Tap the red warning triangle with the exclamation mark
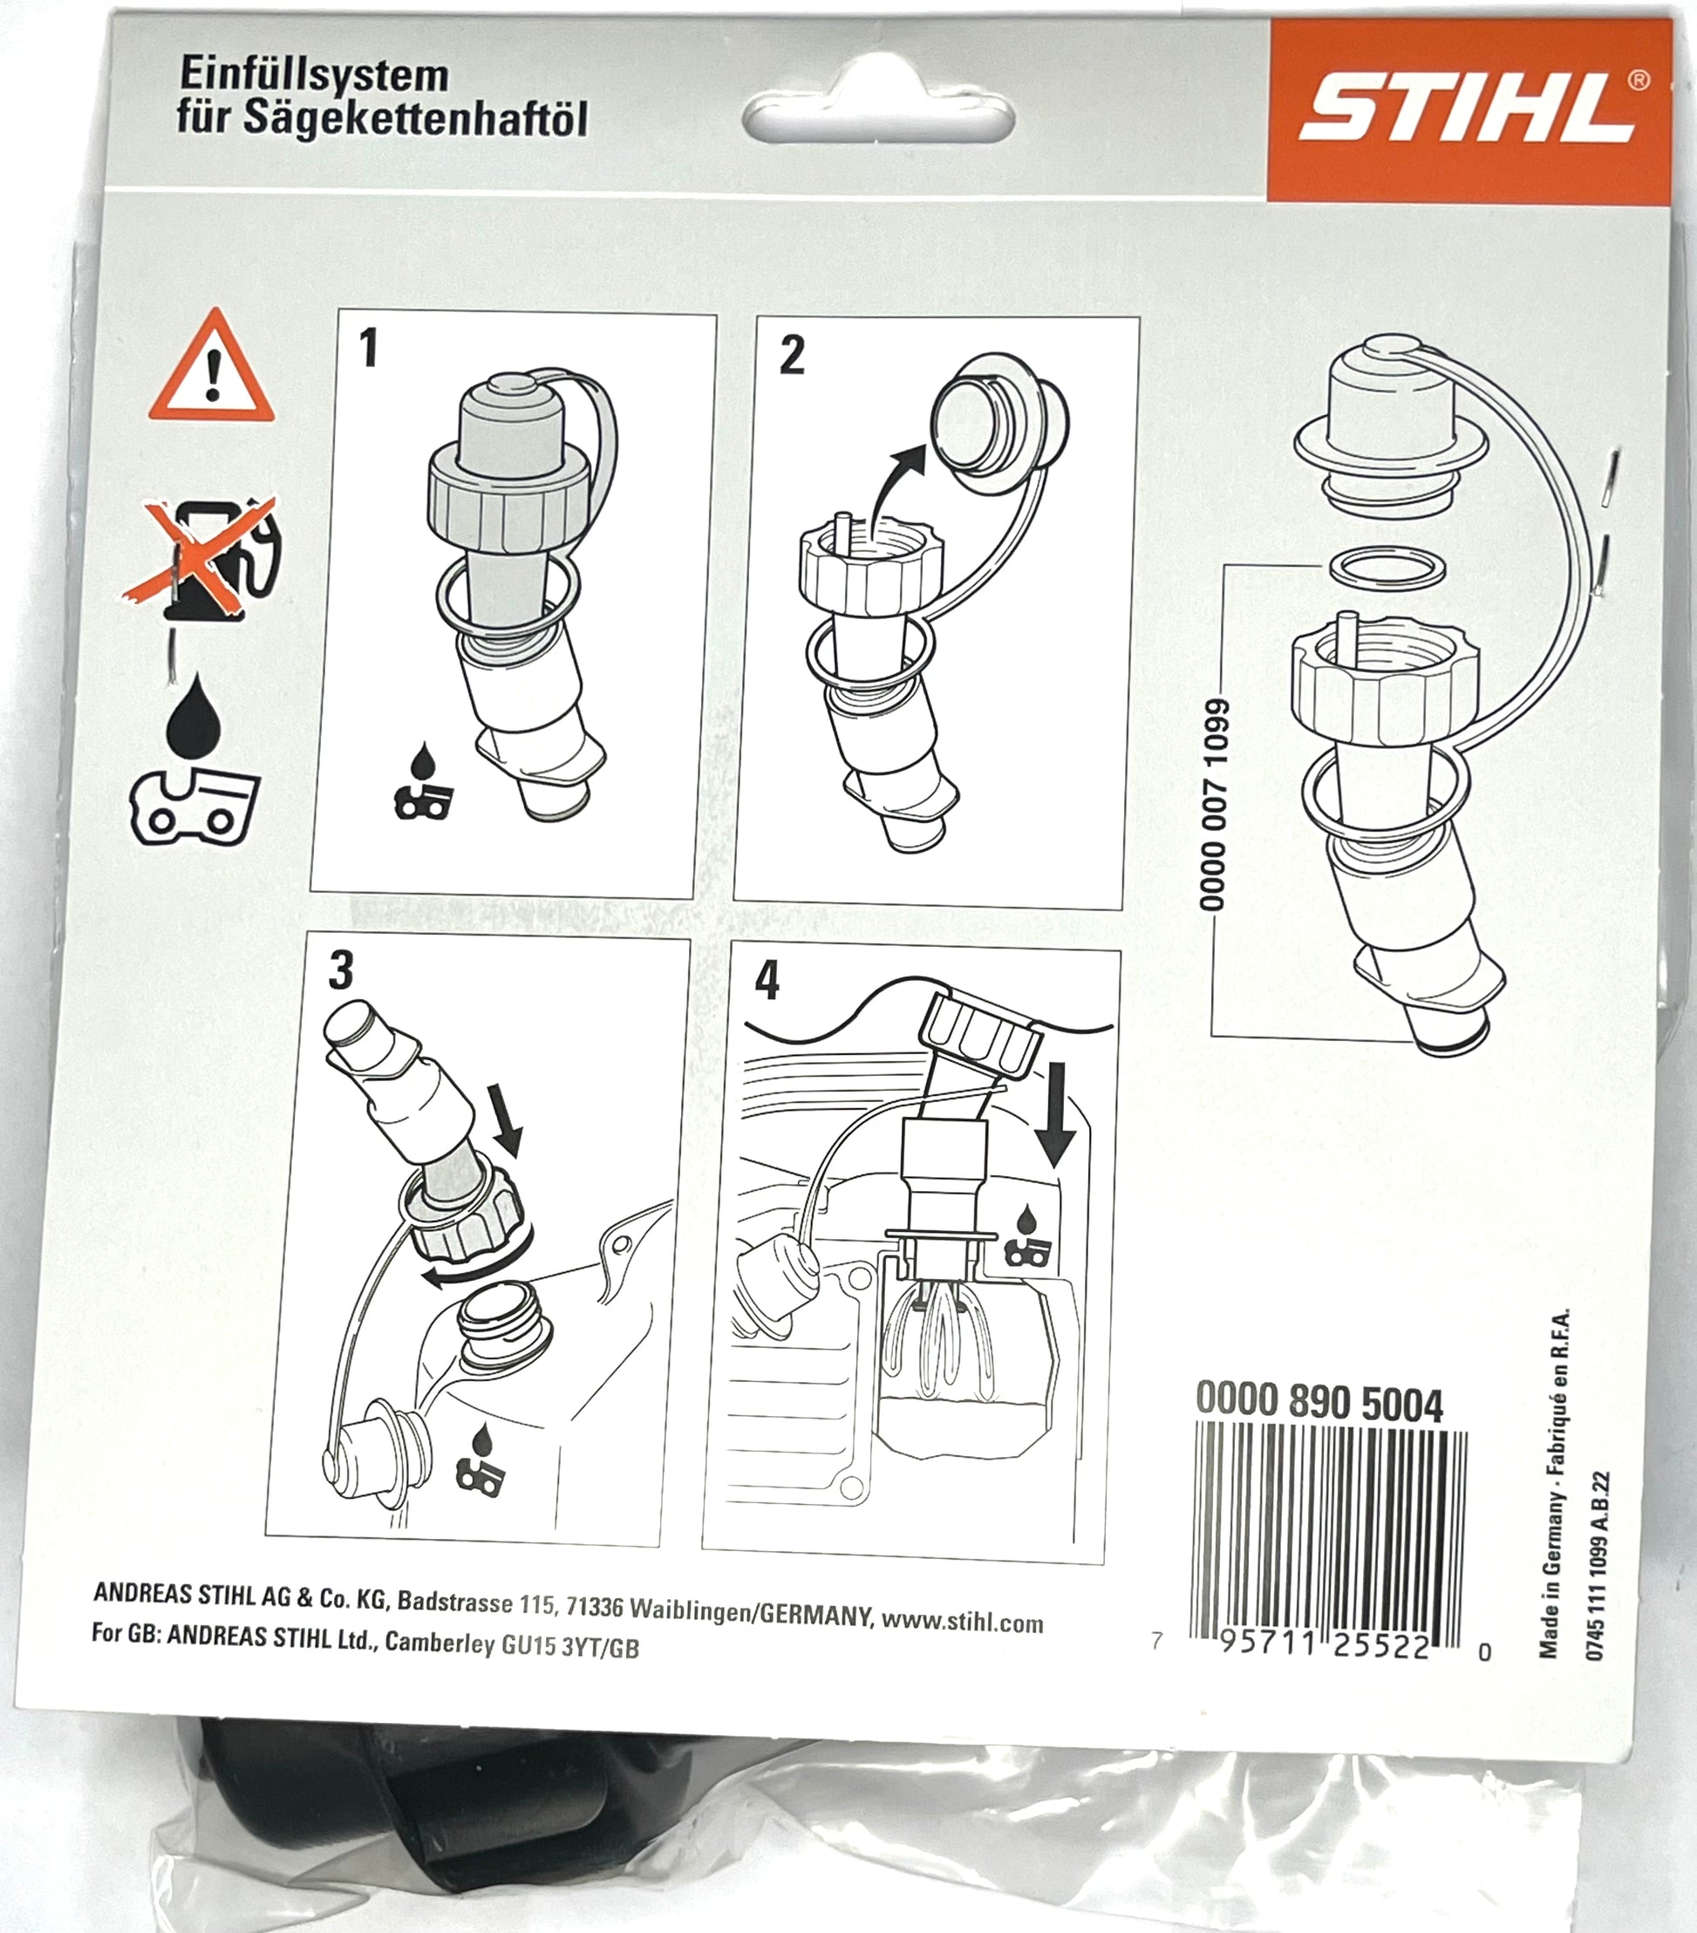213,367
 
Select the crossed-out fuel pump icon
202,557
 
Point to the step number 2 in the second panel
792,355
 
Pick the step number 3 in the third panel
341,970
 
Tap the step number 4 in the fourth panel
767,980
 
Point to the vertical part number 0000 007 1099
1214,804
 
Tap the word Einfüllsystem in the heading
314,75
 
